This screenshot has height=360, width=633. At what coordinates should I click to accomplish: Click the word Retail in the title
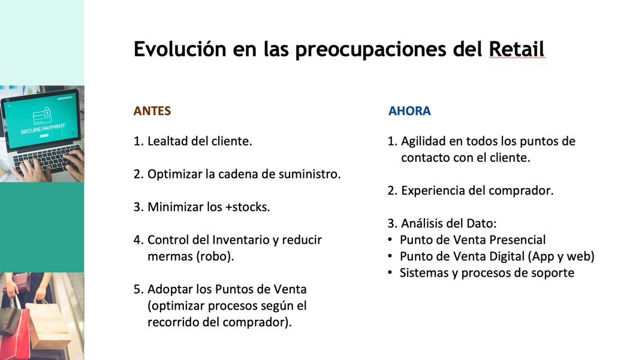516,49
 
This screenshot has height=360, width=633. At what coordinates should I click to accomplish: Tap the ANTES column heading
152,111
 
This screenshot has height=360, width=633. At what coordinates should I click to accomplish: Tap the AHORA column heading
409,111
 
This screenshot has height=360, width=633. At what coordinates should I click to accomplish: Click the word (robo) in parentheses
215,257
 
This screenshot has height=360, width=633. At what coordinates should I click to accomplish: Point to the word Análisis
422,223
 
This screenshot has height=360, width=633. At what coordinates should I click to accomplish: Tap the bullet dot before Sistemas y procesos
390,273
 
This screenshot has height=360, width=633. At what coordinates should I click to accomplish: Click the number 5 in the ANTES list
137,289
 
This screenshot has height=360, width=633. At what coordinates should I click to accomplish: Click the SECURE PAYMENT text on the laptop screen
43,129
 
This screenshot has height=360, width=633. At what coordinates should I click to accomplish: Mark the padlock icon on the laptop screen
47,111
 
